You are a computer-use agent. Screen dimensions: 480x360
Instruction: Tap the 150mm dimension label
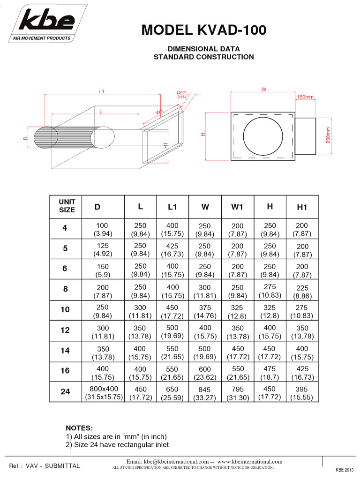(x=305, y=97)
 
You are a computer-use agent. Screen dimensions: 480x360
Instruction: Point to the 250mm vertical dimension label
(x=328, y=136)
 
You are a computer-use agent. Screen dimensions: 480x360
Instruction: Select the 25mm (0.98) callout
(x=181, y=94)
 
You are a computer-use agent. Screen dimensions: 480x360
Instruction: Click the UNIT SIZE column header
(x=67, y=206)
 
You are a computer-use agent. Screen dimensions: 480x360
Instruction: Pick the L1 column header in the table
(x=172, y=207)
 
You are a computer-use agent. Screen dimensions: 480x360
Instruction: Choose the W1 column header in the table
(x=237, y=207)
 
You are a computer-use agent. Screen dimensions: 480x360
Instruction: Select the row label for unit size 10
(x=65, y=310)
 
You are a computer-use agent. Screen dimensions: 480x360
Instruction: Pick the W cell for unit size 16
(x=205, y=373)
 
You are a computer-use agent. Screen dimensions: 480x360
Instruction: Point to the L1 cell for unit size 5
(x=172, y=250)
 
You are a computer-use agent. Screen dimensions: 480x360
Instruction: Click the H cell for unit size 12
(x=270, y=332)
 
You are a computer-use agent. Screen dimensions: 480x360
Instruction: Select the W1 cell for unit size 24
(x=238, y=393)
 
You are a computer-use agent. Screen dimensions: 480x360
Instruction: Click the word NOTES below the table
(x=79, y=428)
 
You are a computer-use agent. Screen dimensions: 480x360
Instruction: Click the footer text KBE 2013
(x=345, y=470)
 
